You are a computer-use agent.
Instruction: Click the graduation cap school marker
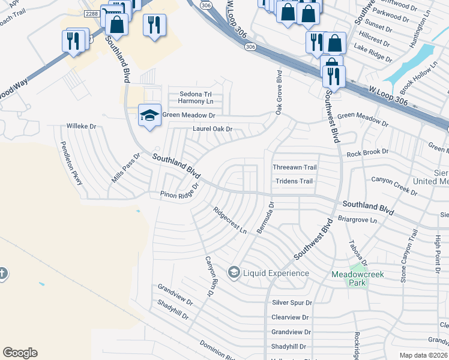(x=149, y=114)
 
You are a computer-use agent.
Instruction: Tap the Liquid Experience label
(x=276, y=274)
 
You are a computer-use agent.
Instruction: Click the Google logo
(x=20, y=353)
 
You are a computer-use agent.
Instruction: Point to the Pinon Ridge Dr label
(x=179, y=194)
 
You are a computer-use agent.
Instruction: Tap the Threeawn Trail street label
(x=294, y=167)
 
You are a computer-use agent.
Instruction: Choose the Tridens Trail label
(x=294, y=181)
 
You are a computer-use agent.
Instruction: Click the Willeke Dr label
(x=81, y=127)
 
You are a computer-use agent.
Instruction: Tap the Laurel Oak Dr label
(x=212, y=129)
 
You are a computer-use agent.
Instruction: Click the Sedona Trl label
(x=196, y=94)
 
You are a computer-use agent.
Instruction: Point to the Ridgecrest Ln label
(x=230, y=221)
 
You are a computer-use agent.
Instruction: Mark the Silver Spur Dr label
(x=292, y=304)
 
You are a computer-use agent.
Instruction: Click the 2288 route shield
(x=91, y=13)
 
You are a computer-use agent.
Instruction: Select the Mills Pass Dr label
(x=125, y=167)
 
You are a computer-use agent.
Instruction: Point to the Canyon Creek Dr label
(x=394, y=185)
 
